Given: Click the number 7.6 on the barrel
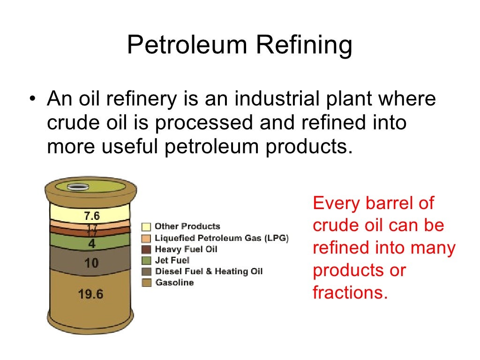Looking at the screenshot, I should (x=92, y=217).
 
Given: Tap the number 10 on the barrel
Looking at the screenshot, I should (x=91, y=263).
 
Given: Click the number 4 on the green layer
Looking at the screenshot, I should (x=92, y=244).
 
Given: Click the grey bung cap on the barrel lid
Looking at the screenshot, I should (x=77, y=187).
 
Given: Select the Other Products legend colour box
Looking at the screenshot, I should (x=147, y=227).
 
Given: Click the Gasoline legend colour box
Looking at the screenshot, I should (x=147, y=283).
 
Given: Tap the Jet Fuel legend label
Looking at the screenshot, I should (x=172, y=260).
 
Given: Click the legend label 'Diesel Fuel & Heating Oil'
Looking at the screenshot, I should (x=209, y=271).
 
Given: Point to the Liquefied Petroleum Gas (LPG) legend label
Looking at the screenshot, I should (x=222, y=238).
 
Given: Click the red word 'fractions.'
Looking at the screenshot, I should (x=351, y=293).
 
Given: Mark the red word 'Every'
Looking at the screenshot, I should (x=335, y=204).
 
